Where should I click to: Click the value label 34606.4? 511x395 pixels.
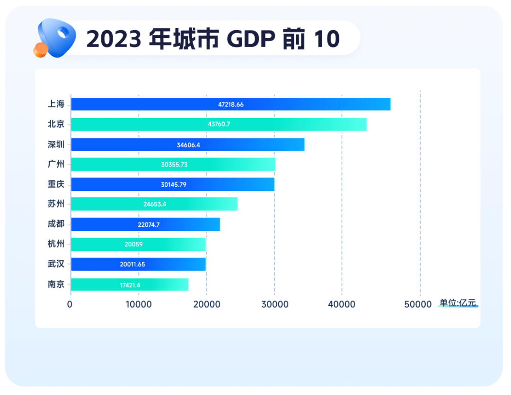188,145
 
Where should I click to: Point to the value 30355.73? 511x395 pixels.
174,164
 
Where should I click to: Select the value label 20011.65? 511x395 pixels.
132,264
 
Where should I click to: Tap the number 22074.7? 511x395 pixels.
149,224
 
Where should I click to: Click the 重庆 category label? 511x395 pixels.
56,184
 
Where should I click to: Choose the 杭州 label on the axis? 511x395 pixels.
56,244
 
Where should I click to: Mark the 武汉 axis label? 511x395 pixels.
56,264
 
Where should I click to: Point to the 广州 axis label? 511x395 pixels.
56,164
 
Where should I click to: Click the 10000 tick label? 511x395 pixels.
138,304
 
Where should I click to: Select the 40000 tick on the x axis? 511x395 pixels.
342,304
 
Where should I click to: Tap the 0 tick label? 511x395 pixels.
70,304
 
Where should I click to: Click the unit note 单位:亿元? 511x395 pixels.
458,303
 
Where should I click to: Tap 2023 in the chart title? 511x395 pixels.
114,39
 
